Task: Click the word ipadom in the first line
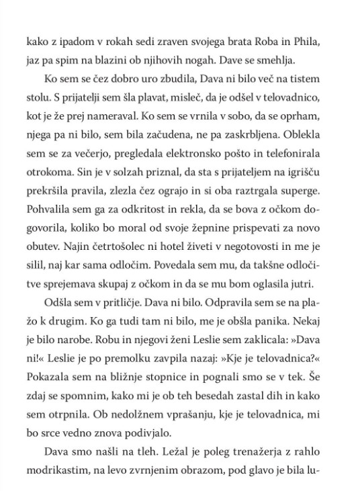[x=75, y=44]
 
